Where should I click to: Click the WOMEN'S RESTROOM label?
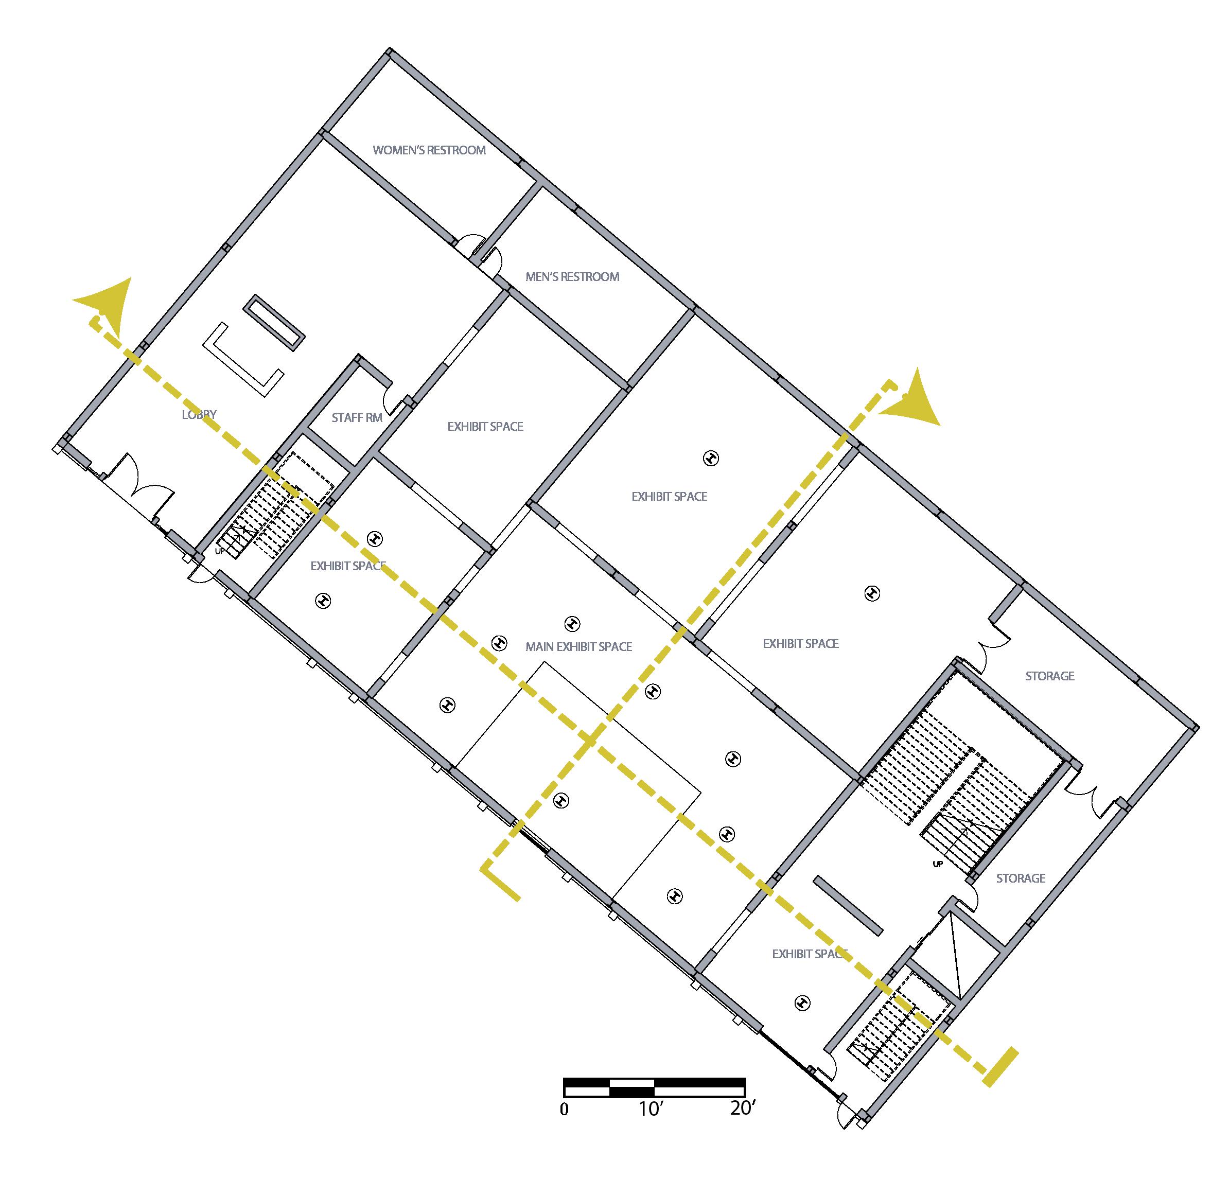coord(429,150)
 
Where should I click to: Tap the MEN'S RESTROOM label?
coord(572,276)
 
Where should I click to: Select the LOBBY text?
coord(199,415)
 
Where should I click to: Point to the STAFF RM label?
coord(357,418)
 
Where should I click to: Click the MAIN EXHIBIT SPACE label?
coord(578,646)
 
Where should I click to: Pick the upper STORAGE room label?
coord(1049,676)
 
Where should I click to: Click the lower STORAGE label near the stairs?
coord(1021,878)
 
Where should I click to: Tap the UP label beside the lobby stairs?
coord(219,551)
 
